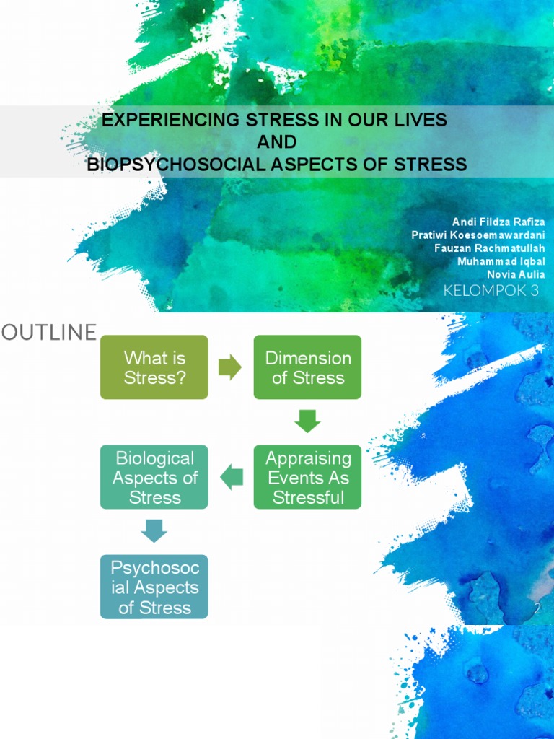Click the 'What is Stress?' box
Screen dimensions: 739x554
tap(154, 367)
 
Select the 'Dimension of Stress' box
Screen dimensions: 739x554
tap(307, 367)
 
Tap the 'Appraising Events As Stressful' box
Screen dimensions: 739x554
tap(307, 477)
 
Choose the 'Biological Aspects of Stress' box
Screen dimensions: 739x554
tap(154, 477)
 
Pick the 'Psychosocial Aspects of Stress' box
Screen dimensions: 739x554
tap(154, 587)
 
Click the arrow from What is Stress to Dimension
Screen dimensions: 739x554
tap(230, 367)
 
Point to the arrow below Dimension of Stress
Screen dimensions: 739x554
tap(307, 421)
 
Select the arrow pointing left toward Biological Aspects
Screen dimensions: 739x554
tap(232, 477)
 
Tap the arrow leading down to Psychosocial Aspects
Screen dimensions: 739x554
tap(154, 531)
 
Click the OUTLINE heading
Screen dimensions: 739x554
tap(49, 332)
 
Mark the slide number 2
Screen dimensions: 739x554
tap(537, 609)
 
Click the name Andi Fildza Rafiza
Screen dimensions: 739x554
tap(498, 221)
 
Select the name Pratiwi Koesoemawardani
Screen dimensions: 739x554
tap(478, 235)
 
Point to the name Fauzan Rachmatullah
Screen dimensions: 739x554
tap(490, 248)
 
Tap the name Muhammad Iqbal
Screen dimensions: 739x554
tap(501, 261)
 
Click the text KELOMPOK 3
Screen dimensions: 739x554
tap(491, 291)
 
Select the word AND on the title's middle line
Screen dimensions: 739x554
tap(276, 141)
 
